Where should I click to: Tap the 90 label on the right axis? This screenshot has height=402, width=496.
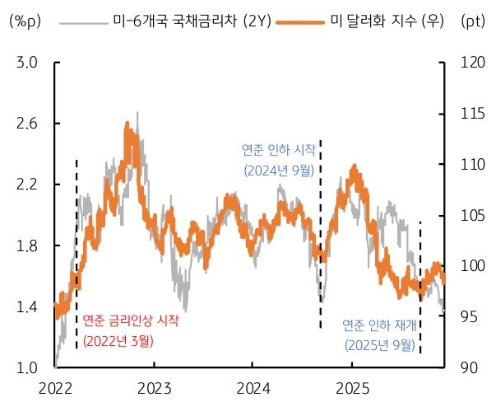click(x=468, y=368)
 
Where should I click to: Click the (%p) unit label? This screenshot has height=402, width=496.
click(x=24, y=21)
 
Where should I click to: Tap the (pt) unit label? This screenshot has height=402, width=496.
click(x=471, y=21)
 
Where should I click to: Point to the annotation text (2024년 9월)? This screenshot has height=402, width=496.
click(x=279, y=171)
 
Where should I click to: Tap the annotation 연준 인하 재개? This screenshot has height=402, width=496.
click(x=379, y=325)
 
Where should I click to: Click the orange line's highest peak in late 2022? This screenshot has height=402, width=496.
click(x=127, y=124)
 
